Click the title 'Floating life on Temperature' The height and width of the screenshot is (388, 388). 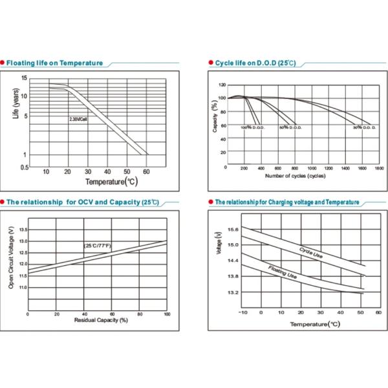[x=54, y=63]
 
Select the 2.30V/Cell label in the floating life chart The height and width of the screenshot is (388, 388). [x=78, y=119]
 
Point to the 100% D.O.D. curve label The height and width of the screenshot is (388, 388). [x=252, y=127]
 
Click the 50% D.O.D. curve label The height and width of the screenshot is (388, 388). [x=291, y=127]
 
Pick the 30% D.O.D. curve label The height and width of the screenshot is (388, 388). [x=365, y=127]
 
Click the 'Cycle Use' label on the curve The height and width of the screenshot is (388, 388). [x=310, y=253]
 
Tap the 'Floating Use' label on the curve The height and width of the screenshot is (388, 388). [x=283, y=272]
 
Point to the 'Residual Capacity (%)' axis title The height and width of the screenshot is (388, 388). [x=97, y=320]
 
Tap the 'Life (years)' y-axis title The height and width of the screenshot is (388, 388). [x=16, y=103]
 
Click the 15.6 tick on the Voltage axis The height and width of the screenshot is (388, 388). [x=233, y=230]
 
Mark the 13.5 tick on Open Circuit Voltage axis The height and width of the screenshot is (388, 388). [x=22, y=230]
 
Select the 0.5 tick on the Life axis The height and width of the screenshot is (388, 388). [x=25, y=167]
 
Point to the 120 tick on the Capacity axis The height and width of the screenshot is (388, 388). [x=222, y=85]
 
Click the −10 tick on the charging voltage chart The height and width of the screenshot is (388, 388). [x=242, y=312]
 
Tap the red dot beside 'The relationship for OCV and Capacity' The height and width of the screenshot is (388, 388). [x=3, y=202]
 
